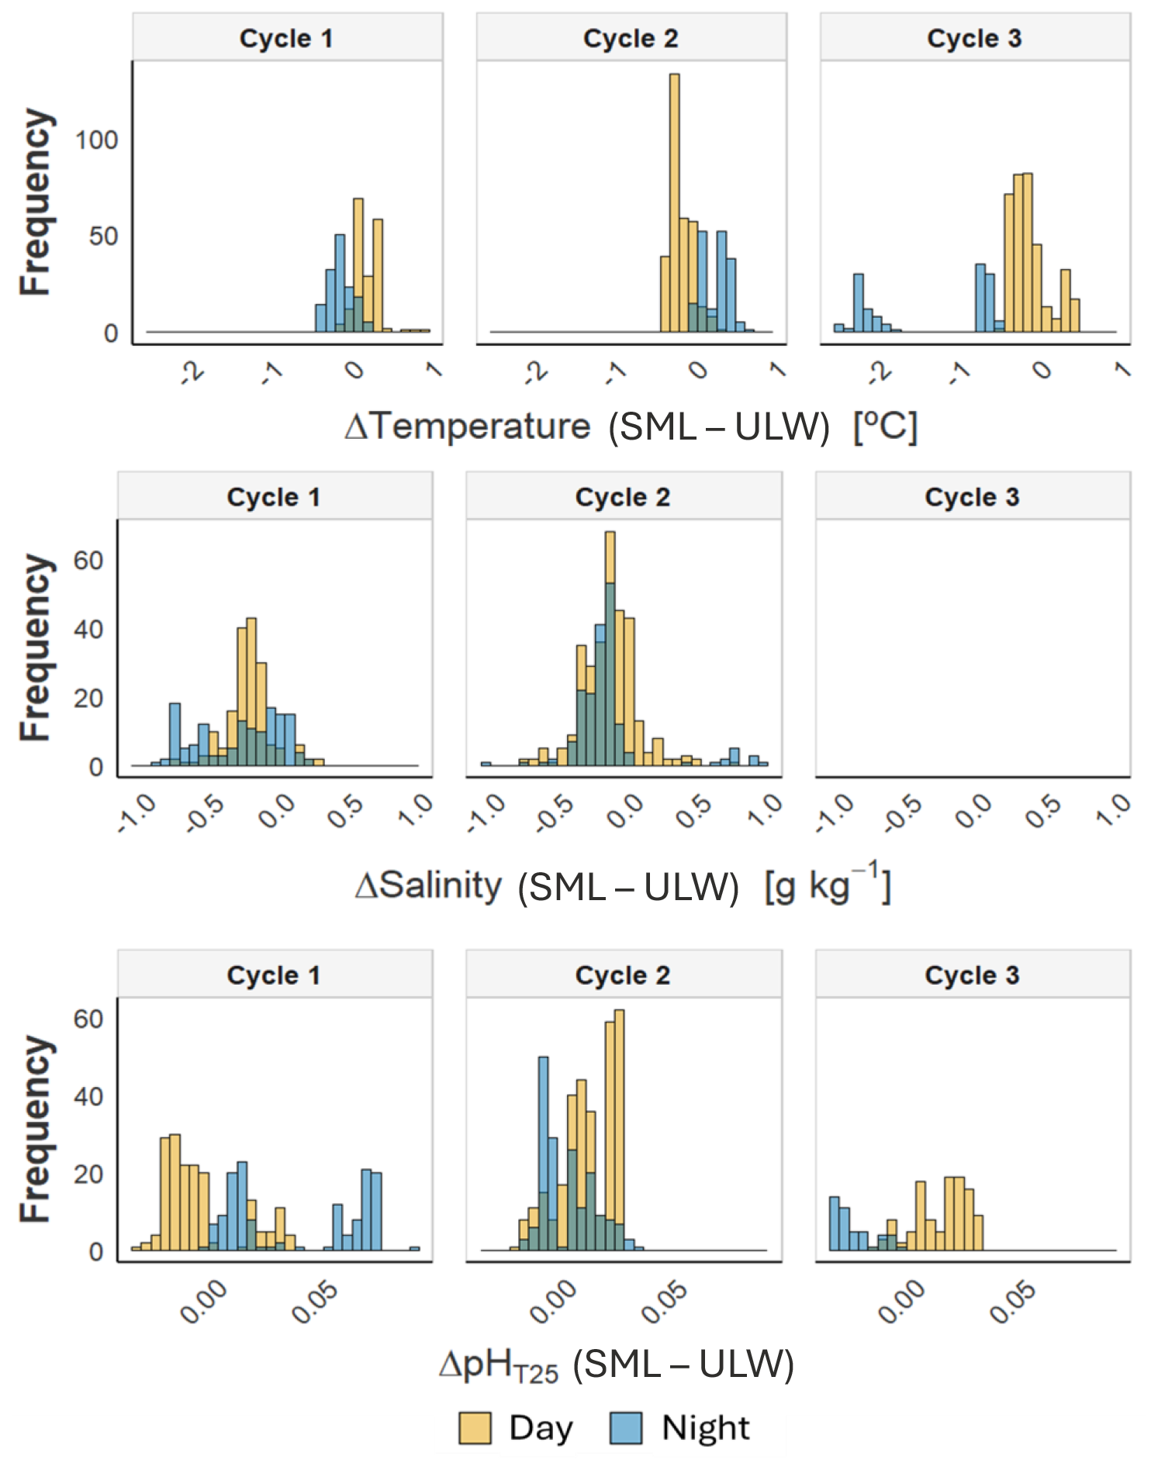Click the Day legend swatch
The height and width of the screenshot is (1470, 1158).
coord(475,1427)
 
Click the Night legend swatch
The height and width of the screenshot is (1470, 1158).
coord(625,1427)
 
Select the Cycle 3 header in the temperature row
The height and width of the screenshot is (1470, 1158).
coord(974,38)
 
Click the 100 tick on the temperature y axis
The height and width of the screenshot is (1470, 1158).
coord(96,140)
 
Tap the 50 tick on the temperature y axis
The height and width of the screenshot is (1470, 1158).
coord(103,236)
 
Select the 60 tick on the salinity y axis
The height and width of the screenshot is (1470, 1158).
coord(88,561)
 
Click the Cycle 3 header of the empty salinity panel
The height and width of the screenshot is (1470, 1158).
coord(972,497)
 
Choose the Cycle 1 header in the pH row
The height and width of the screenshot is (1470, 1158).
coord(274,975)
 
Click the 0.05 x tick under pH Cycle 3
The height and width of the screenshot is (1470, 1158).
coord(1011,1303)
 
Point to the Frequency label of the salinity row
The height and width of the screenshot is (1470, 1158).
coord(36,647)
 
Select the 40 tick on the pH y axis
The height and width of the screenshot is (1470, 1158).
coord(88,1096)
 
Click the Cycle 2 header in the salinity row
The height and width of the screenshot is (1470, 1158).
coord(623,497)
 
